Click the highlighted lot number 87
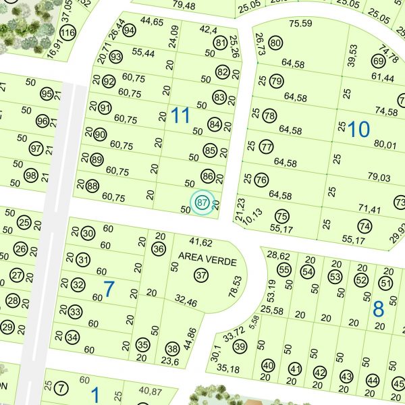click(202, 202)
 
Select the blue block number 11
click(180, 115)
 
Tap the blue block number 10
click(359, 129)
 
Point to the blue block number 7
click(109, 290)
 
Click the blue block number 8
click(378, 309)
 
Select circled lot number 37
click(201, 275)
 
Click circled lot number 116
click(67, 32)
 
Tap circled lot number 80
click(275, 44)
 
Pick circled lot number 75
click(282, 216)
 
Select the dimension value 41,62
click(200, 242)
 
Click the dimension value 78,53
click(236, 286)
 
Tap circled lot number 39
click(240, 346)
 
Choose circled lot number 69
click(378, 61)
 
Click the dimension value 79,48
click(184, 6)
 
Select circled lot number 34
click(72, 337)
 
